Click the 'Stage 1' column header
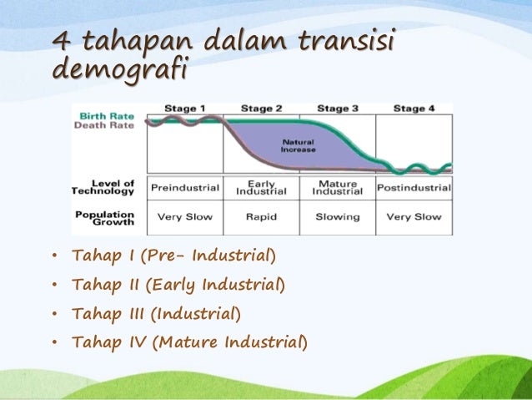(x=184, y=109)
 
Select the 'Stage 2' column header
(x=261, y=109)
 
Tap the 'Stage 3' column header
(x=338, y=109)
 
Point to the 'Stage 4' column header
(x=414, y=109)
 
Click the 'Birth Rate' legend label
(x=107, y=115)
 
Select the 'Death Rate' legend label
(x=107, y=125)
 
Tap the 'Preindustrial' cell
(x=184, y=188)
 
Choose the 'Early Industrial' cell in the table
(x=261, y=188)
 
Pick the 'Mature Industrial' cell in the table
(x=338, y=188)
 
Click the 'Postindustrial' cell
(x=414, y=188)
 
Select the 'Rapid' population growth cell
(x=261, y=217)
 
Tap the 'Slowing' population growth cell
(x=338, y=217)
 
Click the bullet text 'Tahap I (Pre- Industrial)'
(x=173, y=255)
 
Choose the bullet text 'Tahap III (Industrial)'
(x=157, y=314)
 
